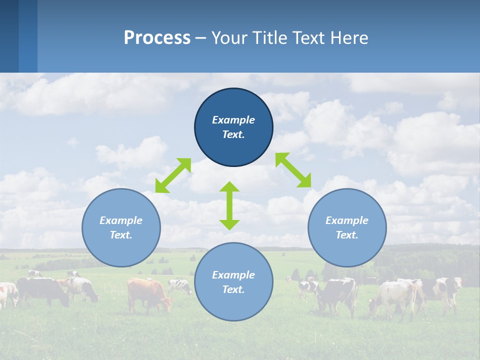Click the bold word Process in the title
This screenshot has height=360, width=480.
157,38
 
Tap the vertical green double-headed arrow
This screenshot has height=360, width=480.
229,205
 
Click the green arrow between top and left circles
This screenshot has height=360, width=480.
173,175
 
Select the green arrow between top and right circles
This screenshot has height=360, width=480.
293,170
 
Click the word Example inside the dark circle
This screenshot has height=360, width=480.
233,120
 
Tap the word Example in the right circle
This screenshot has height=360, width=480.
347,220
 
